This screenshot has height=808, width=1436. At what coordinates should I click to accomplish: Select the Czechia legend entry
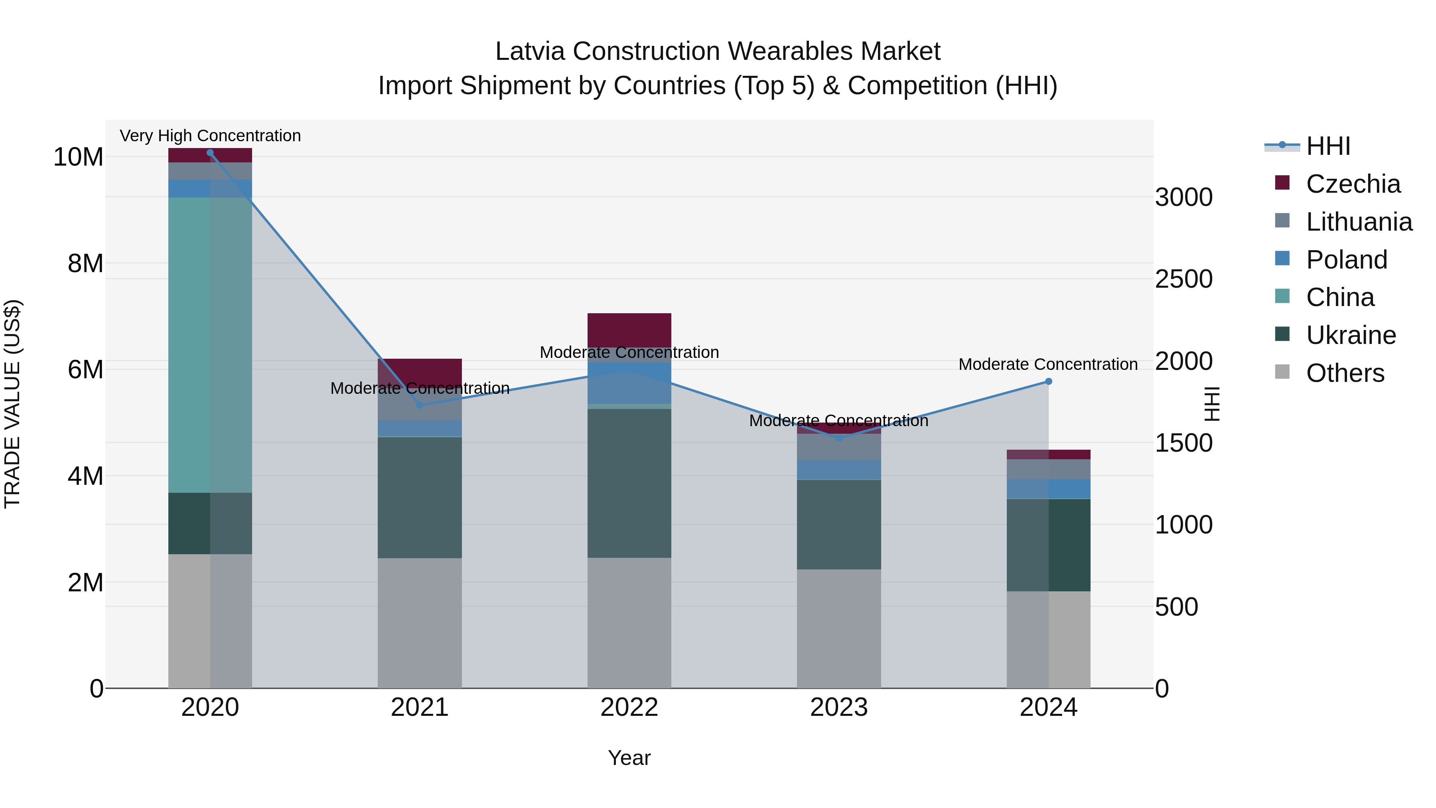[1352, 184]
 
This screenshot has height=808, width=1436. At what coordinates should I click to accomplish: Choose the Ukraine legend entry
[1351, 335]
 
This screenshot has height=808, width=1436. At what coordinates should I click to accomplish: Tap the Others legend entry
[1345, 373]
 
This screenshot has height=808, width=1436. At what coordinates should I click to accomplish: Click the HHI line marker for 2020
[210, 153]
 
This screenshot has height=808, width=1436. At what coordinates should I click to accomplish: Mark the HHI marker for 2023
[839, 438]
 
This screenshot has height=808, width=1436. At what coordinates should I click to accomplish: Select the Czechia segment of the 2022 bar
[629, 330]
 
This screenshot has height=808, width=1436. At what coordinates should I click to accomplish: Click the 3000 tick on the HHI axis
[1184, 198]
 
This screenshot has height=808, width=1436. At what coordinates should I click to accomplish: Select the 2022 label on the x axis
[629, 707]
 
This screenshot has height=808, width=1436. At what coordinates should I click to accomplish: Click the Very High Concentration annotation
[210, 136]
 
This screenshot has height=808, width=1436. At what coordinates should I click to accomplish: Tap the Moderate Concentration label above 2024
[1048, 364]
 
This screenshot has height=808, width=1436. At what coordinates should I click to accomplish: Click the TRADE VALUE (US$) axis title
[12, 404]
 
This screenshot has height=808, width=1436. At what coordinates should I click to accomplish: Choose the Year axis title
[629, 758]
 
